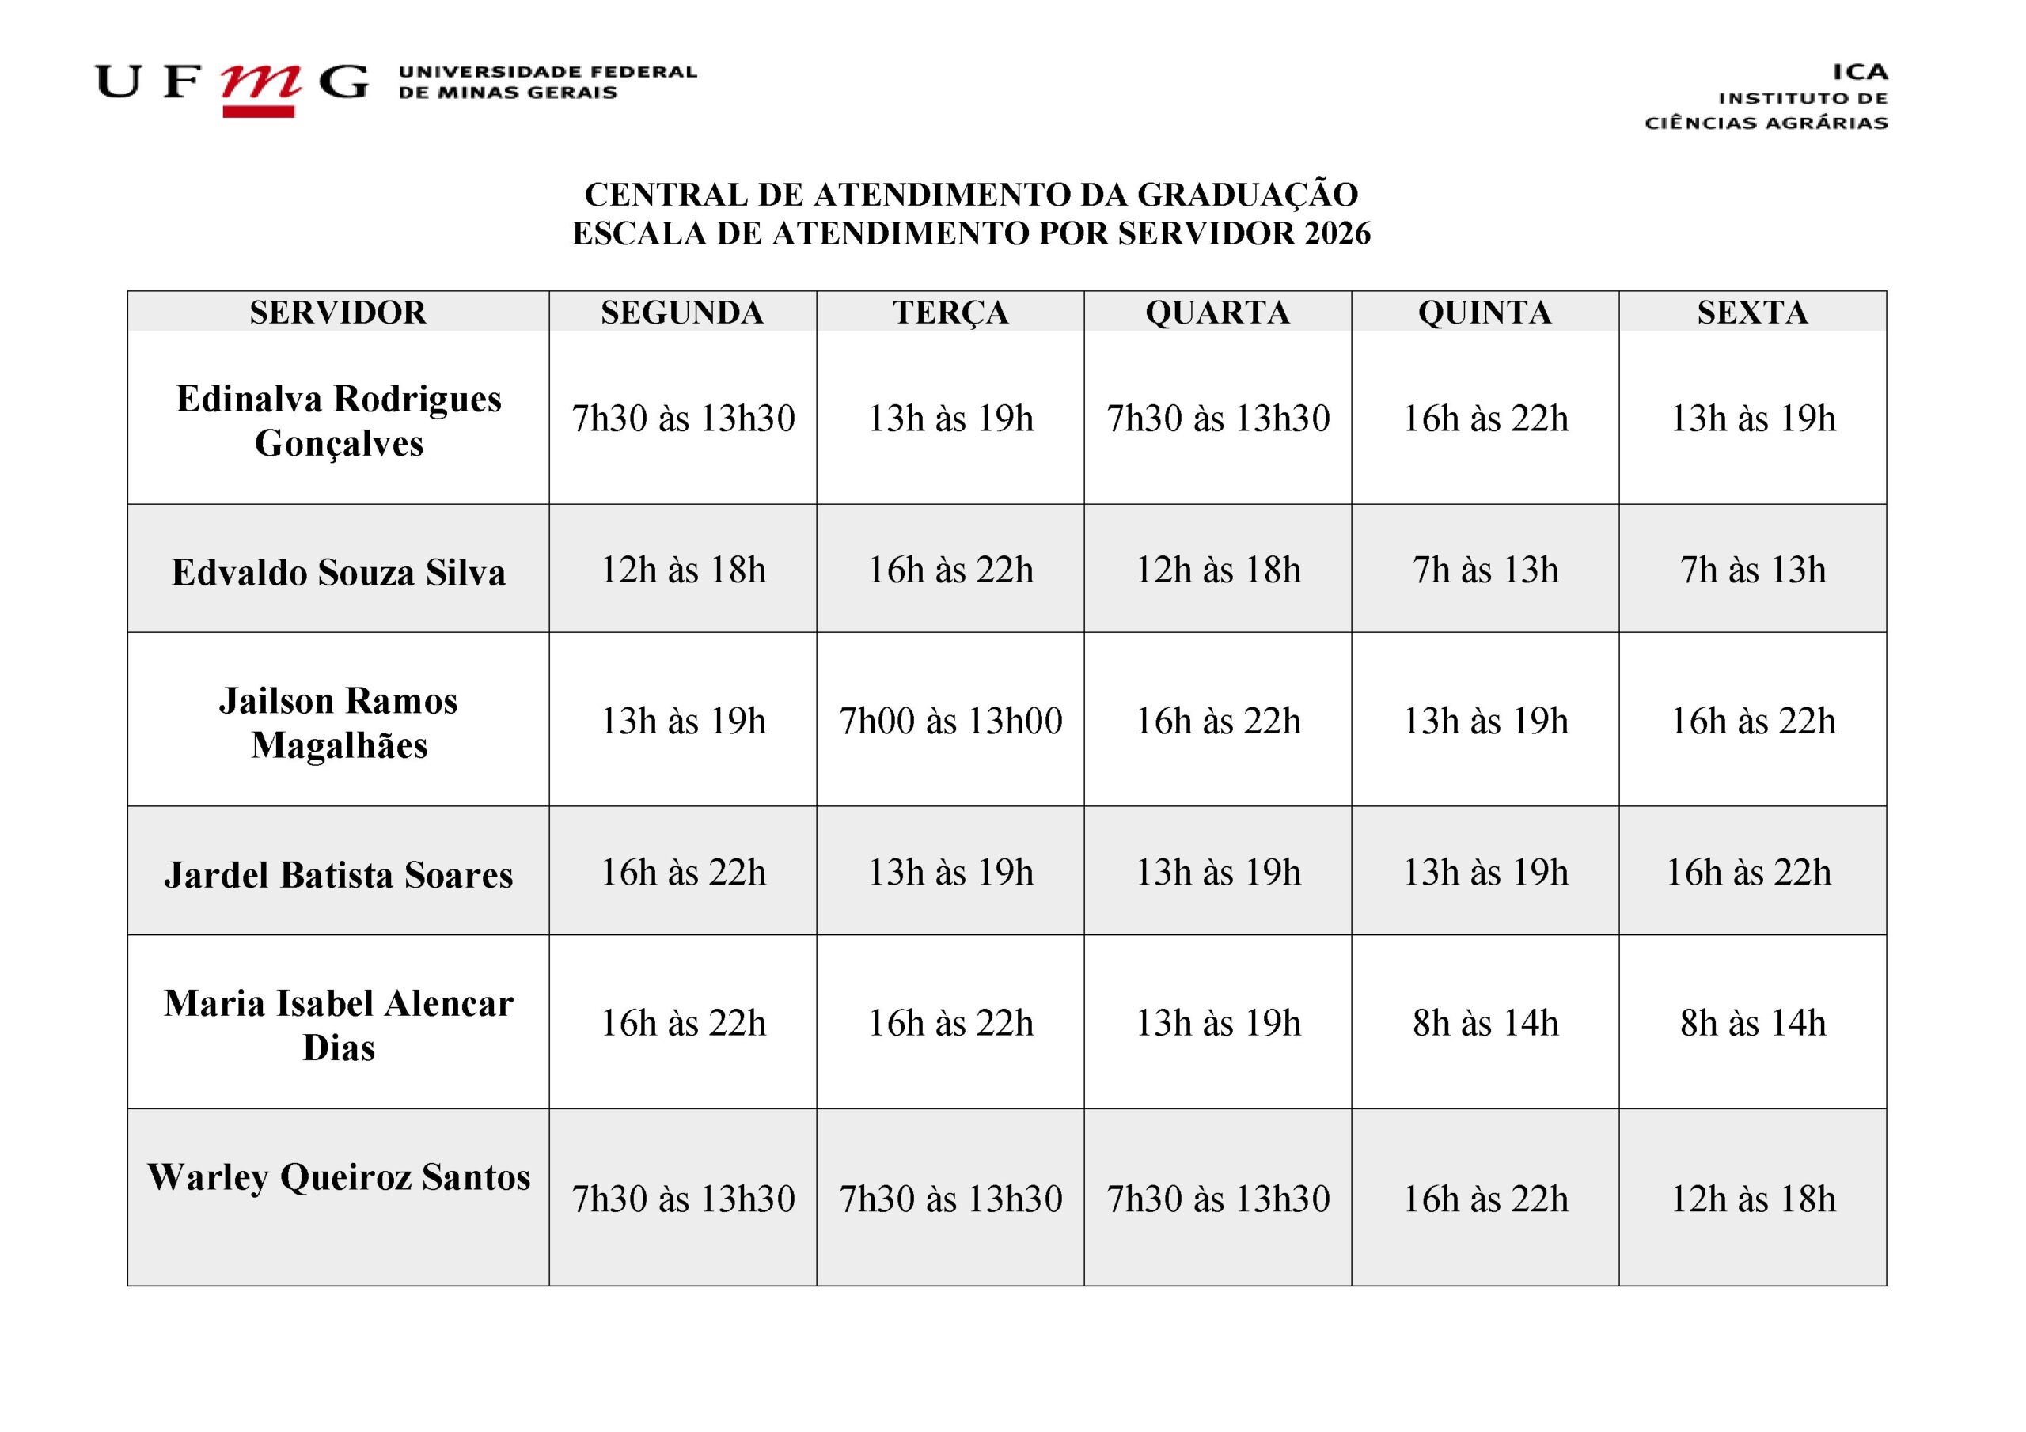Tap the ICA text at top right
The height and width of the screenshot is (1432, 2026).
1859,71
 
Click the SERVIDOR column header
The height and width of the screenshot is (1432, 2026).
338,313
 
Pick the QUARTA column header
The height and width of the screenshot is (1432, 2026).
1217,313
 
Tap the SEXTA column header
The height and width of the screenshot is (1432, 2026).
1751,313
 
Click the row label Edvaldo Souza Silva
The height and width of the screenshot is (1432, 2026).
338,572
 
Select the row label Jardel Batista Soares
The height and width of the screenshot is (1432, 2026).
338,874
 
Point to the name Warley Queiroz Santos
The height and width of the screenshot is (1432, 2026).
338,1176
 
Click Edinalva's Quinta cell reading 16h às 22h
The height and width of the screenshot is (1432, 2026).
1485,419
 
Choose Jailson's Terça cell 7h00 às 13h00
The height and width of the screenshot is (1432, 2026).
950,721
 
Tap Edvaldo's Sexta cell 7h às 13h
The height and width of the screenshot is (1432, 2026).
1752,570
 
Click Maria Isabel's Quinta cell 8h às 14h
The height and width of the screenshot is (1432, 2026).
1485,1023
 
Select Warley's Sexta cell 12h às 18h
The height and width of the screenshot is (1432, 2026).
1752,1198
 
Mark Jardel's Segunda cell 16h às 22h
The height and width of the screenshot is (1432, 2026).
683,872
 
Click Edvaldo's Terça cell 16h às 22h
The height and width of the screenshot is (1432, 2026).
950,570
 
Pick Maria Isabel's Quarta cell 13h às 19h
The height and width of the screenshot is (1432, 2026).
1218,1023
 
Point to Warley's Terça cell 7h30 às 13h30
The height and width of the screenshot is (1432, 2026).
950,1198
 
